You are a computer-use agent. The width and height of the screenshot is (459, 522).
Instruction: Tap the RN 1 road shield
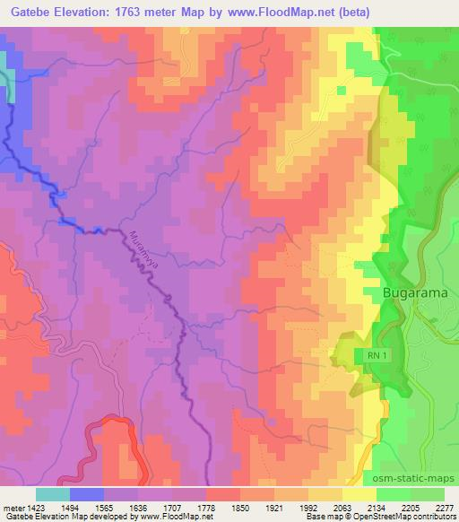click(377, 356)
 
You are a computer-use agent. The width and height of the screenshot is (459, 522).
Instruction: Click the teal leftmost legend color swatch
click(52, 494)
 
